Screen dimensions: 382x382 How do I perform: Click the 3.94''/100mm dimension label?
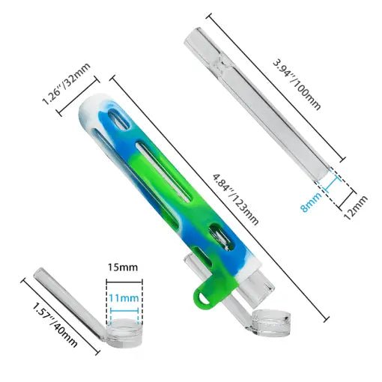[x=297, y=85]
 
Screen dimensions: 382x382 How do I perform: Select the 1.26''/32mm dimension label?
[x=66, y=84]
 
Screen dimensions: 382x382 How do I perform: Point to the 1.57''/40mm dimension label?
[x=55, y=325]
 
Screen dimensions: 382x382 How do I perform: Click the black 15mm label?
[x=123, y=267]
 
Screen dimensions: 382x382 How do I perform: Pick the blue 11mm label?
[x=124, y=298]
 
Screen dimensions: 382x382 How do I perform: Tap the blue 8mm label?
[x=312, y=201]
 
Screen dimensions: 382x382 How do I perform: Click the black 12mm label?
[x=356, y=207]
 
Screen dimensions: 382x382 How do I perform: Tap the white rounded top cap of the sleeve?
[x=91, y=106]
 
